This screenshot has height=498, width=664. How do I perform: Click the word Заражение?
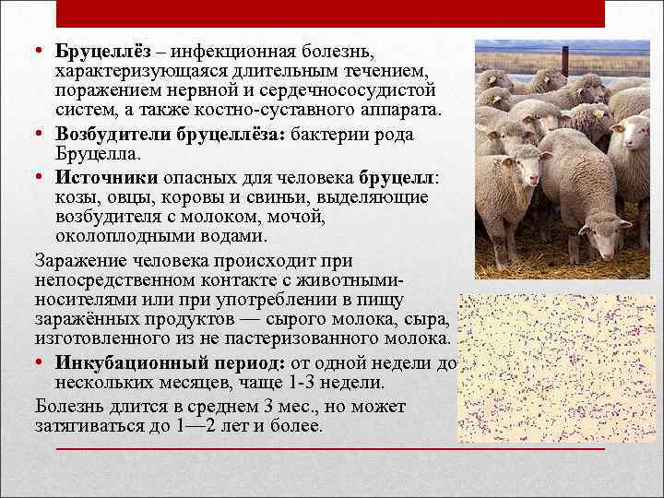(77, 261)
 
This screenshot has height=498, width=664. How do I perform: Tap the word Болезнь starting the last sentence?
(71, 406)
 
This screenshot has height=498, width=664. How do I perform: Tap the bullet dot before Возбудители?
(41, 135)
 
